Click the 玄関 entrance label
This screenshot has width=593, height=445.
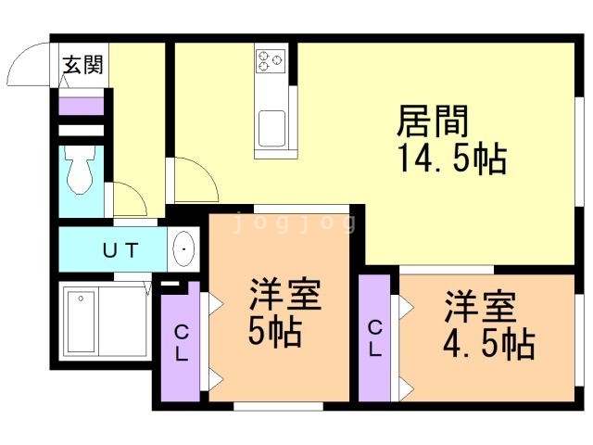(82, 65)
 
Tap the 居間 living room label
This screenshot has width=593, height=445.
(433, 121)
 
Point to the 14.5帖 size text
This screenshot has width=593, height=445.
(453, 159)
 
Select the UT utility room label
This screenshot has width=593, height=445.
(120, 250)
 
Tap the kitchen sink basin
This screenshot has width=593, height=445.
(271, 129)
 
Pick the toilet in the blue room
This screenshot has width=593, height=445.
(80, 170)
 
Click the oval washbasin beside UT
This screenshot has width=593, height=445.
(183, 249)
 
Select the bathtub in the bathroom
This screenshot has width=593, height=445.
(81, 321)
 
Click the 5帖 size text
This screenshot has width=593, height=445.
(275, 332)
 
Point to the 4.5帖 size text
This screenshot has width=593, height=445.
(488, 344)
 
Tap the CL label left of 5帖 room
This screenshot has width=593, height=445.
(182, 343)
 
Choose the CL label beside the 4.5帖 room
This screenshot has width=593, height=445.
(375, 338)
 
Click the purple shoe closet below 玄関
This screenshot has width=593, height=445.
(82, 106)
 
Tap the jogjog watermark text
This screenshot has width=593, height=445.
(295, 222)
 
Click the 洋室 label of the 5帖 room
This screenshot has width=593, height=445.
(285, 295)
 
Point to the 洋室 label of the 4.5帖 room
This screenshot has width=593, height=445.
(480, 307)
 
